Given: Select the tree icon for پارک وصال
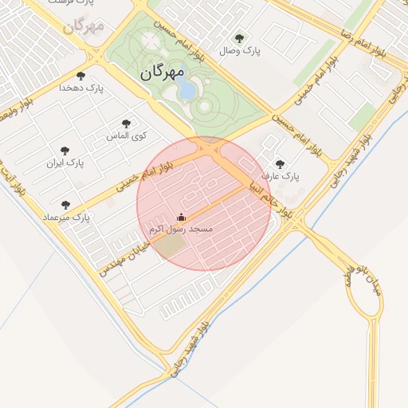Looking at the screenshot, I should (x=239, y=37).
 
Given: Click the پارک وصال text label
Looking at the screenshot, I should (x=241, y=51).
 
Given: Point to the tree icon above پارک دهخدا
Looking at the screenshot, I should (x=80, y=76).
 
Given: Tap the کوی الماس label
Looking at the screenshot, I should (x=127, y=136).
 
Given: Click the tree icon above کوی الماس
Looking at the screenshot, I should (x=126, y=124).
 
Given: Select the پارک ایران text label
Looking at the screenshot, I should (x=65, y=163).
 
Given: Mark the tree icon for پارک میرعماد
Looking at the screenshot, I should (x=65, y=205).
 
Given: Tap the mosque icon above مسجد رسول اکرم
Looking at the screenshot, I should (x=181, y=217).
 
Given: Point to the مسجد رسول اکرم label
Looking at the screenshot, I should (x=181, y=229).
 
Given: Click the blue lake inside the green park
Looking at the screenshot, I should (x=186, y=89).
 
